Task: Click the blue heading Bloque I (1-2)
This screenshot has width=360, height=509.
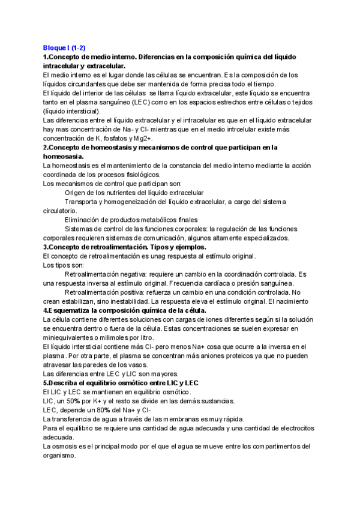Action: tap(64, 47)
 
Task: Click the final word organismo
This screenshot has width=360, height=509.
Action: tap(60, 456)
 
